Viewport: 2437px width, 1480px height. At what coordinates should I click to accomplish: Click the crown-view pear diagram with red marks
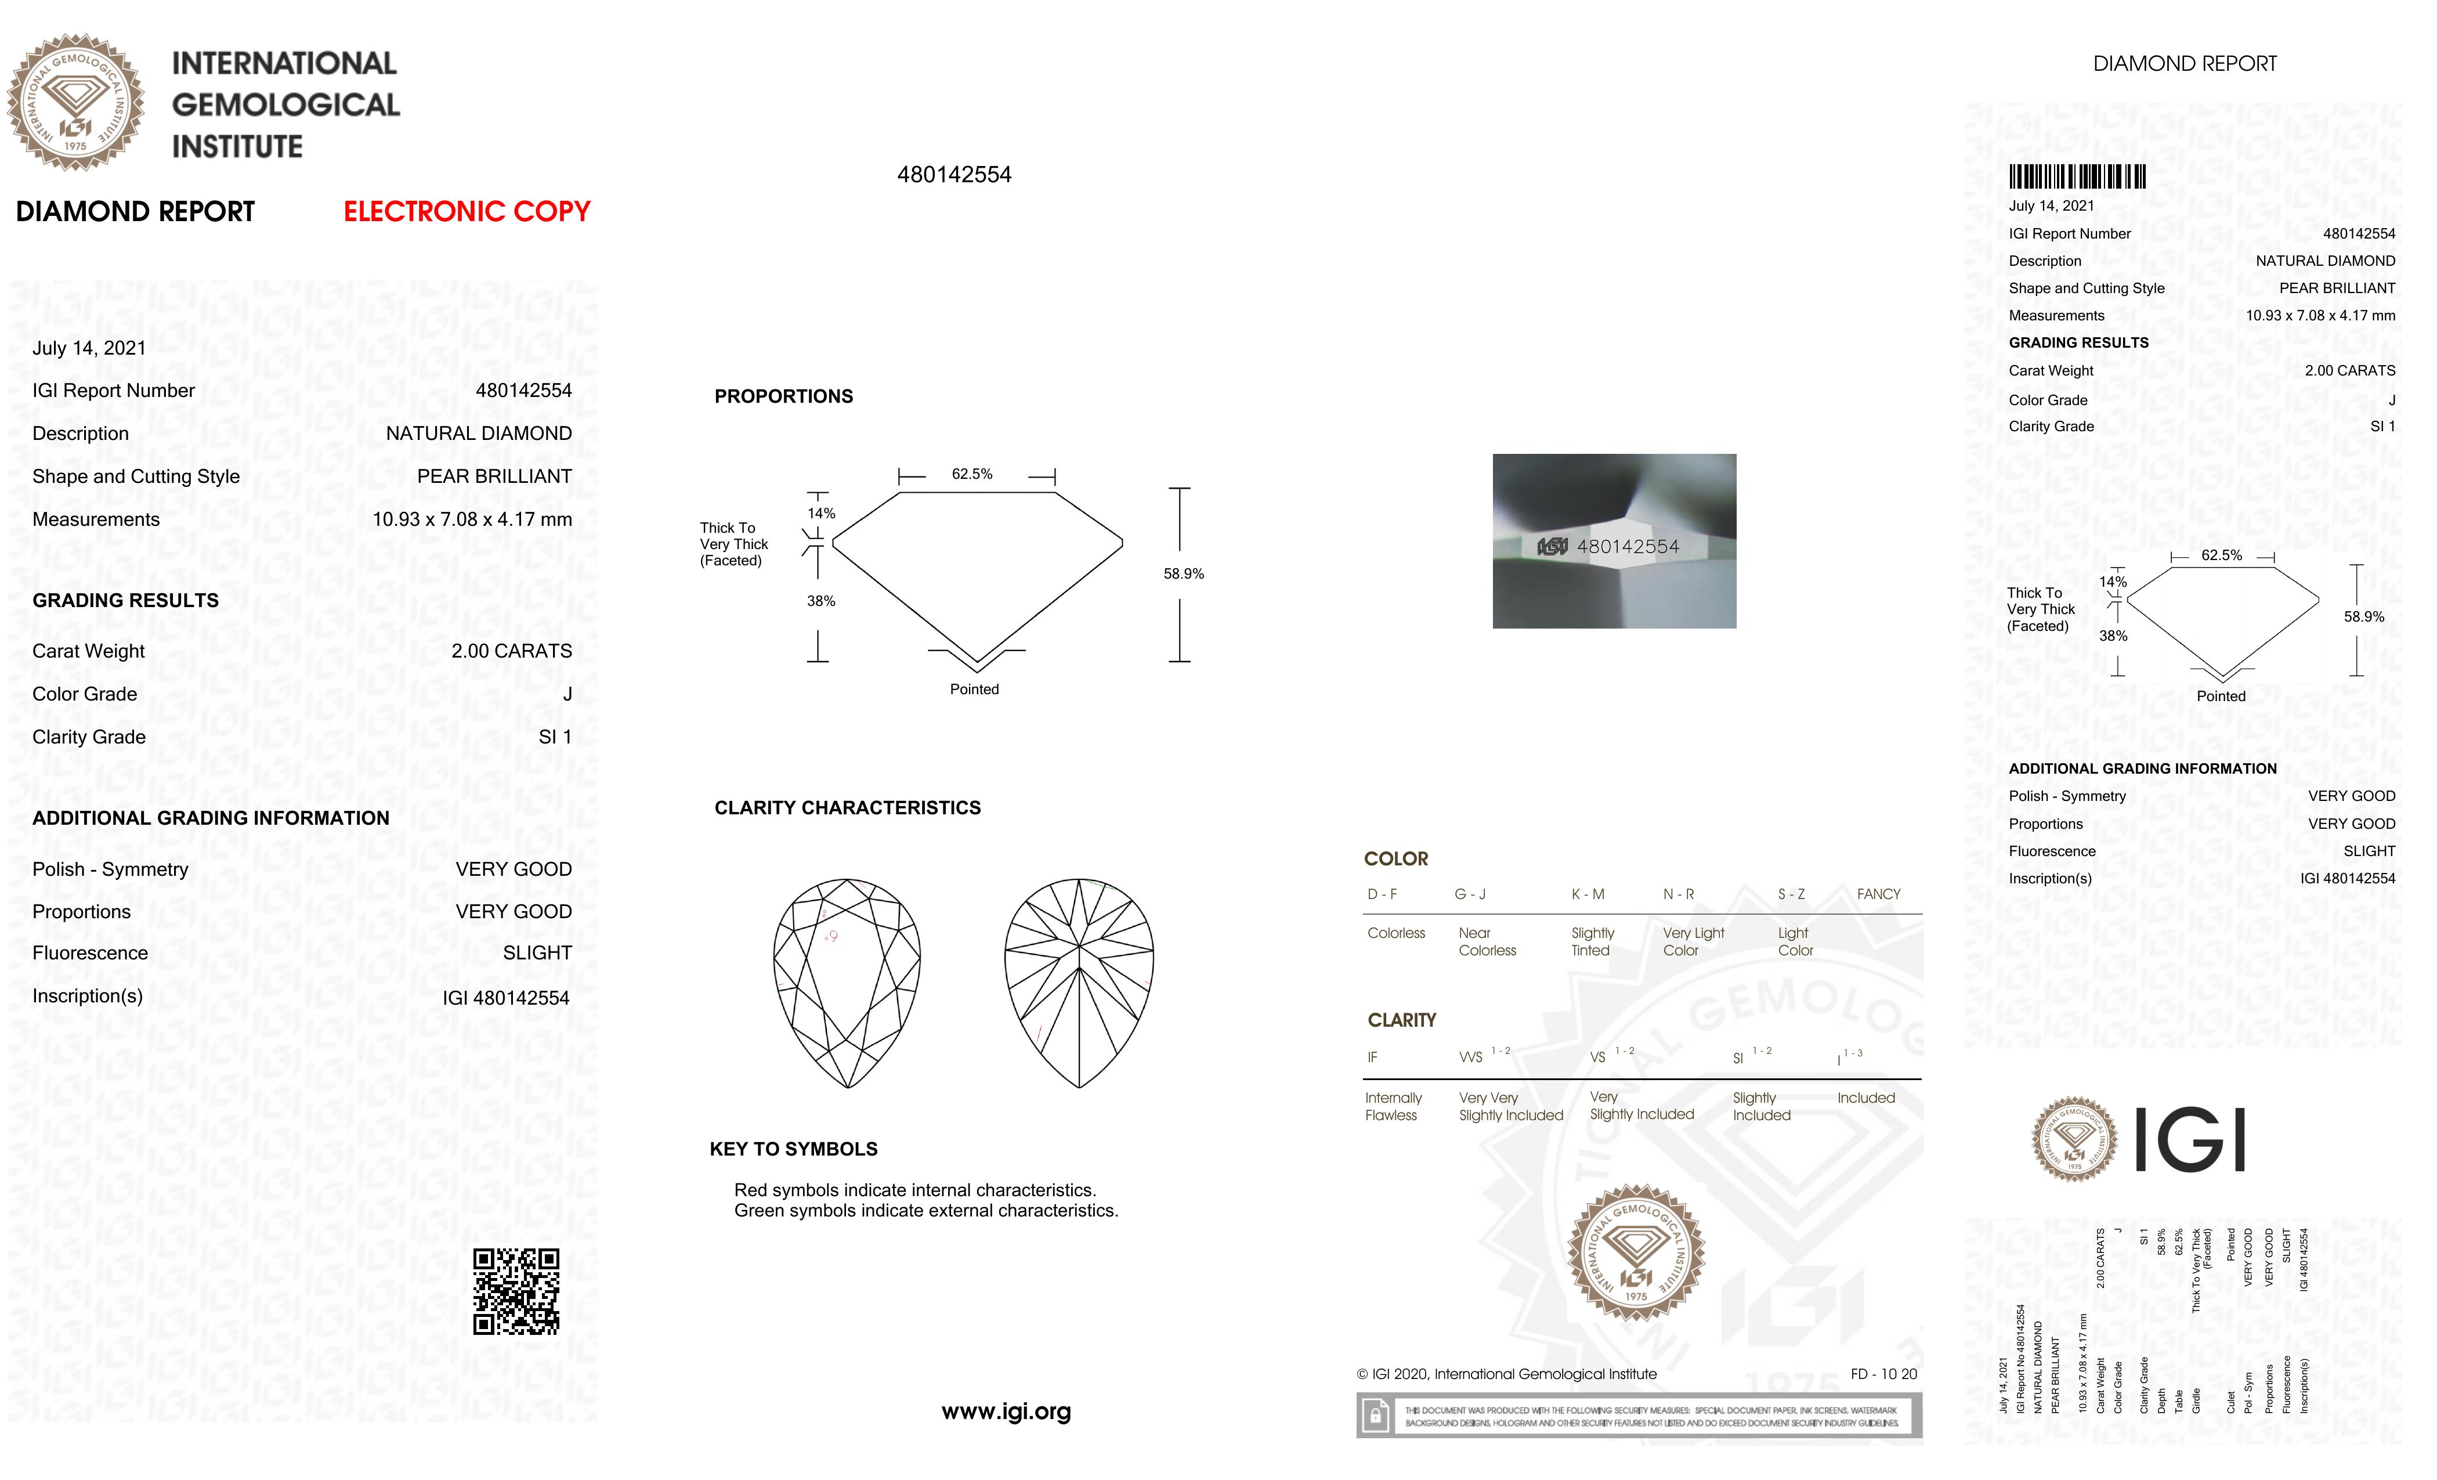(x=847, y=983)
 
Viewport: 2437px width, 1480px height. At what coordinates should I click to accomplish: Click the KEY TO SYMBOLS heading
(x=793, y=1149)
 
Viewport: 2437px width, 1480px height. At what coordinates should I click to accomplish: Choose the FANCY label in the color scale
(x=1878, y=894)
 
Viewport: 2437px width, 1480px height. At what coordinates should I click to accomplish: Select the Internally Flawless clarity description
(x=1393, y=1107)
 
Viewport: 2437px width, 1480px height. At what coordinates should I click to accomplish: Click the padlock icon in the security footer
(x=1375, y=1416)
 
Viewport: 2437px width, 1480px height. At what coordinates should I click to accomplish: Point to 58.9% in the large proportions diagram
(x=1183, y=574)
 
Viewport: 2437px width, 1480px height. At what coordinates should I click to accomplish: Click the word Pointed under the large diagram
(x=974, y=690)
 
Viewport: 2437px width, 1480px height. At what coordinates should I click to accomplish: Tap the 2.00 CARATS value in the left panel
(x=511, y=651)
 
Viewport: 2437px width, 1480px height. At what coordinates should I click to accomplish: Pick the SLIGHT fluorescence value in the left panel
(x=537, y=952)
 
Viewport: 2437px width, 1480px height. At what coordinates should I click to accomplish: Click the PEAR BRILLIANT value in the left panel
(x=494, y=477)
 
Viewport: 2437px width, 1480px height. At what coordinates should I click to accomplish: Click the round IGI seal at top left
(x=75, y=103)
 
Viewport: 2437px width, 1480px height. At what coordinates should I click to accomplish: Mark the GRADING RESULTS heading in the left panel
(x=125, y=601)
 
